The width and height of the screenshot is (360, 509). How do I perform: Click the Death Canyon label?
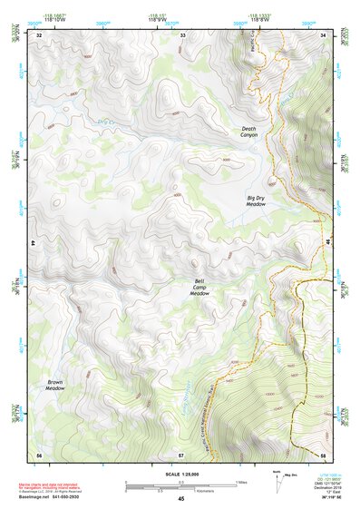click(x=249, y=132)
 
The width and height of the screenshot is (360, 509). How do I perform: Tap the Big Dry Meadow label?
click(x=256, y=201)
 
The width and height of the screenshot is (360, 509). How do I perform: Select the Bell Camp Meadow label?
click(x=199, y=288)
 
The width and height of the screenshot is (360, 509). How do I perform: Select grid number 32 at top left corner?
click(x=39, y=34)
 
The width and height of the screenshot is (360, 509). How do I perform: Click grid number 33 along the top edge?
click(x=182, y=34)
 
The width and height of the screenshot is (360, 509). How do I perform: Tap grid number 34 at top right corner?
click(x=324, y=34)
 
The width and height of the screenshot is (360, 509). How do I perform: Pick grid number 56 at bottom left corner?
click(x=39, y=454)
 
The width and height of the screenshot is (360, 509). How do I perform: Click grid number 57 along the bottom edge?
click(x=181, y=454)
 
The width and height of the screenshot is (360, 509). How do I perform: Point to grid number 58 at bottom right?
click(x=323, y=454)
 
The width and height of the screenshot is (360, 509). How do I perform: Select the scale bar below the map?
click(x=180, y=485)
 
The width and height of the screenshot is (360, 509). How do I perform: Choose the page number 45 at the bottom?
click(x=180, y=499)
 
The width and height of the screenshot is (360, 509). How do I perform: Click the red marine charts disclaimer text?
click(x=60, y=485)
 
